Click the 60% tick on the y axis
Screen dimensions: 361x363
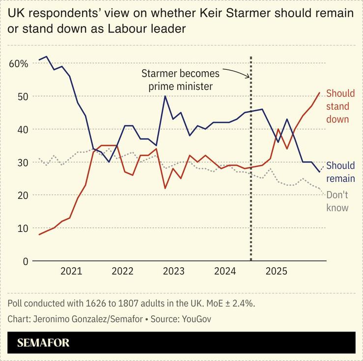(x=18, y=63)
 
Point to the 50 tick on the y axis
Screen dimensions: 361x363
(x=20, y=96)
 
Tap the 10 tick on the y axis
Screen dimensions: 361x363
(x=20, y=228)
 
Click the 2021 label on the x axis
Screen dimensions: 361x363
(x=71, y=272)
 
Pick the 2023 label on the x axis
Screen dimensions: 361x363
(x=173, y=272)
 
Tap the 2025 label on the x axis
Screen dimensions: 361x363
(x=276, y=272)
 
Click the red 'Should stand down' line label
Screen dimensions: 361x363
(x=337, y=106)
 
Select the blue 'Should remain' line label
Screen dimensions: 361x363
(x=340, y=172)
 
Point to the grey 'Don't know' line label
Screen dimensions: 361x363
(x=337, y=201)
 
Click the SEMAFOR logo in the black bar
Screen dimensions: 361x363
(x=43, y=343)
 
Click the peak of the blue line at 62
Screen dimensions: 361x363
(x=47, y=56)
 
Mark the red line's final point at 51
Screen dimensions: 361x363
(x=320, y=92)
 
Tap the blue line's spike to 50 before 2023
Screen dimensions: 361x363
(x=165, y=96)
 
